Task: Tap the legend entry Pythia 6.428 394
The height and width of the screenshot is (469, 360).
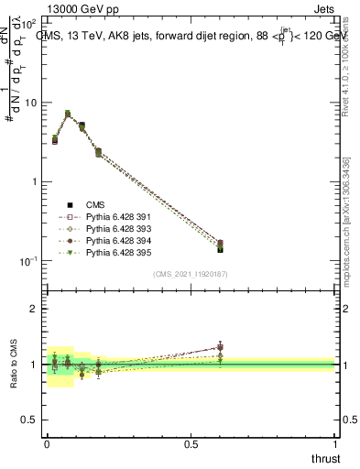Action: coord(115,240)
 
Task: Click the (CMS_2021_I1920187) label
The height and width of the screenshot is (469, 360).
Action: coord(191,274)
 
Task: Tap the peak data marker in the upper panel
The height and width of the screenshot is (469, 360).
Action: coord(67,114)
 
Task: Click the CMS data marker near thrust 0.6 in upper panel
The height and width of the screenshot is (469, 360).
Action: coord(219,248)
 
